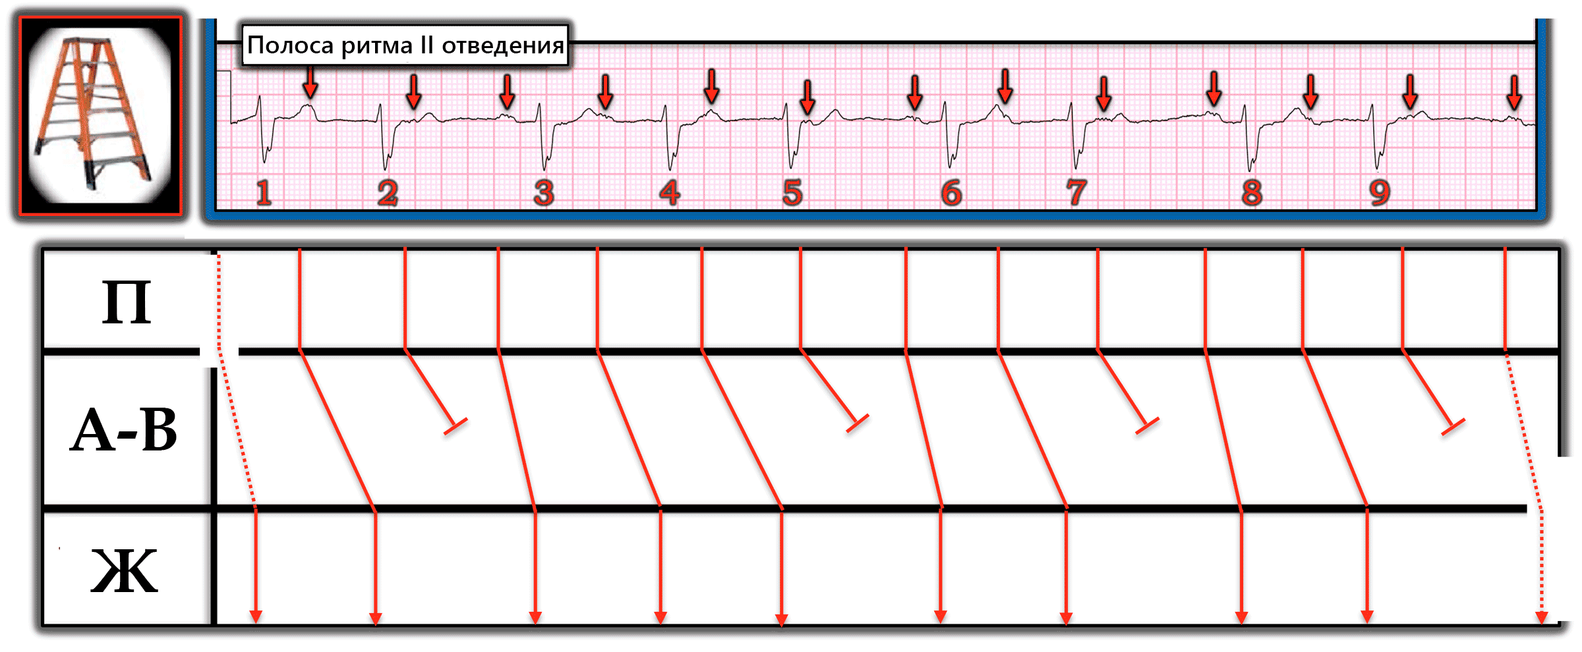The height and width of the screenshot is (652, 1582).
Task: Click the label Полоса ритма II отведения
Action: (405, 45)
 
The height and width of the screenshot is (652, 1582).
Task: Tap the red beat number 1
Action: (264, 193)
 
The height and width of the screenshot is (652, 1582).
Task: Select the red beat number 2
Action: (388, 193)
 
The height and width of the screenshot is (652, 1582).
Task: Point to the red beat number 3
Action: (544, 193)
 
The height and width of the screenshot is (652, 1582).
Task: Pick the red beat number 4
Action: (670, 193)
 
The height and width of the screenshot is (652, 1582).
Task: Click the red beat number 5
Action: (792, 193)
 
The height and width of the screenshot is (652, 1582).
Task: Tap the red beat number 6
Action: (951, 193)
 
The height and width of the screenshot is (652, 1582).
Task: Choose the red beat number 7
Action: (1076, 193)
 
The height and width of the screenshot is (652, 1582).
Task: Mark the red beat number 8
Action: (1252, 193)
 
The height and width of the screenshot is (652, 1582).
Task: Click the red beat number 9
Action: (1380, 193)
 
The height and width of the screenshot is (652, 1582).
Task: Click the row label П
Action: (126, 303)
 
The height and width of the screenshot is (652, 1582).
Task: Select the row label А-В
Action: (124, 430)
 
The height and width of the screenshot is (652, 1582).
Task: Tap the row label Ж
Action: (124, 571)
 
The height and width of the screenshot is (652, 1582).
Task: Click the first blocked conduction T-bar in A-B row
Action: (455, 426)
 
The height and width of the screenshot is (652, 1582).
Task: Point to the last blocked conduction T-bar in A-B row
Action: (1453, 427)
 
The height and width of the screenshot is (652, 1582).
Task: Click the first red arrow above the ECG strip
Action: (310, 84)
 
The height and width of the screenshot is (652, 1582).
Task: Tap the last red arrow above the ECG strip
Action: (1515, 92)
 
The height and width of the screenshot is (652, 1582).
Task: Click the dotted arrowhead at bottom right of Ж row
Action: (1541, 617)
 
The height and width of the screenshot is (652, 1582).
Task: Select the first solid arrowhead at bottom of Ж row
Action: (256, 616)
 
